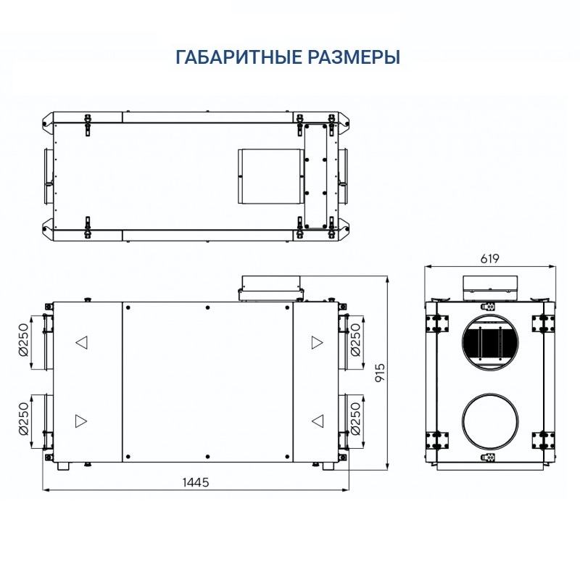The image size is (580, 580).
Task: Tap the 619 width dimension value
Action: click(490, 259)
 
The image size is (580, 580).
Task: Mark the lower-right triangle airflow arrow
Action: click(317, 420)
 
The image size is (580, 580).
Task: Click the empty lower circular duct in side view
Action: click(490, 420)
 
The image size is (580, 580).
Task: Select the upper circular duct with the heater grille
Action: click(490, 342)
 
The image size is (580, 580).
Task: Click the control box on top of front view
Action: click(270, 286)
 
